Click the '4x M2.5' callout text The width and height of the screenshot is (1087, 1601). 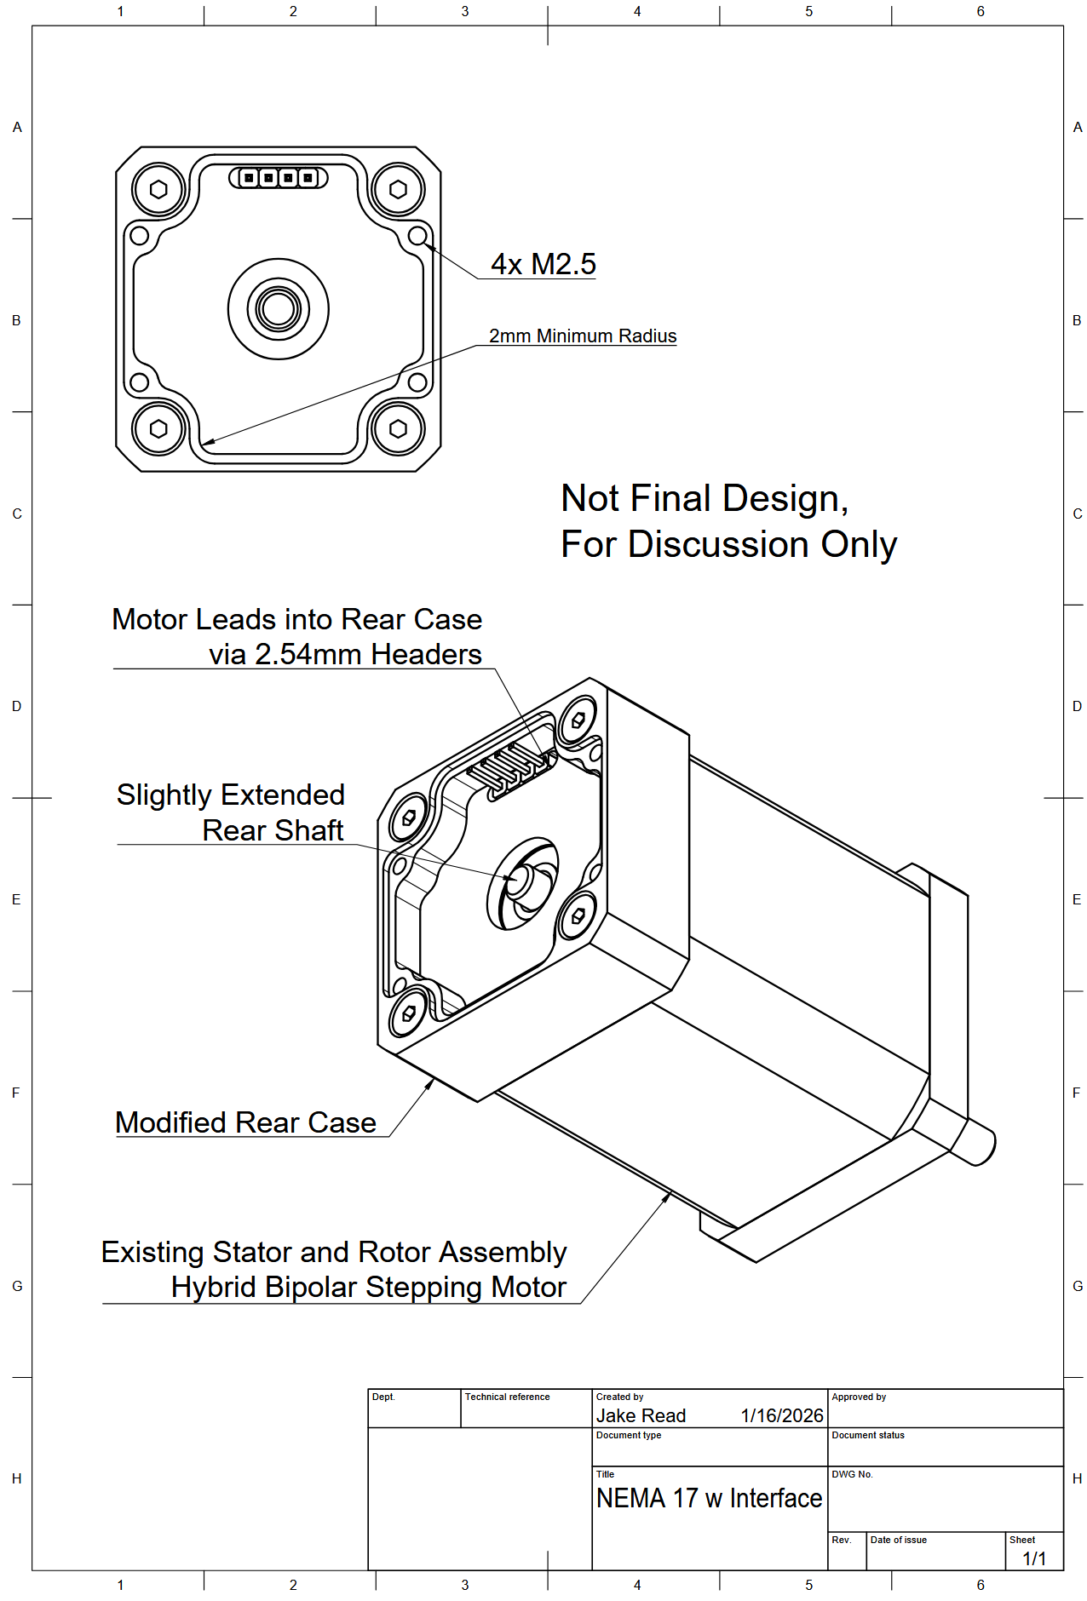click(543, 264)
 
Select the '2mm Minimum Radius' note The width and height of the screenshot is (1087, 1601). click(583, 336)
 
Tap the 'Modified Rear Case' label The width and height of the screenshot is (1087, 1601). click(245, 1122)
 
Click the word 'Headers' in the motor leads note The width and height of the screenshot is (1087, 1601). click(426, 654)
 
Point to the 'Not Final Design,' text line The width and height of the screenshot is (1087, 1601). click(705, 499)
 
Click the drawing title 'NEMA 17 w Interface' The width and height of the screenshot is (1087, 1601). click(709, 1498)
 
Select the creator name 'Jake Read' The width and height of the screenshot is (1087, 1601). click(641, 1415)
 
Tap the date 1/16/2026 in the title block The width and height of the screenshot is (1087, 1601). click(781, 1415)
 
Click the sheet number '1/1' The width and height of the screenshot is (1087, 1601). click(1034, 1558)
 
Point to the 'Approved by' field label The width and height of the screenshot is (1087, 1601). click(859, 1397)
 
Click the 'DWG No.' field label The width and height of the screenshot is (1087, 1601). click(852, 1474)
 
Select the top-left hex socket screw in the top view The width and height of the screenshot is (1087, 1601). click(158, 189)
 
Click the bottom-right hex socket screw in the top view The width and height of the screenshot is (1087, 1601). click(398, 428)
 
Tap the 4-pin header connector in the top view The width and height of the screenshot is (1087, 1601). click(279, 178)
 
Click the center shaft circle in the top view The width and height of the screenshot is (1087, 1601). click(279, 308)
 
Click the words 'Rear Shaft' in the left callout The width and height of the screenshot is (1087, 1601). click(273, 830)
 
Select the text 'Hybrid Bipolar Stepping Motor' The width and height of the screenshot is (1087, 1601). click(368, 1287)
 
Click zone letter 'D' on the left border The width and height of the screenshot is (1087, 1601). click(16, 706)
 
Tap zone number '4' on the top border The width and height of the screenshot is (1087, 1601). click(637, 12)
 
